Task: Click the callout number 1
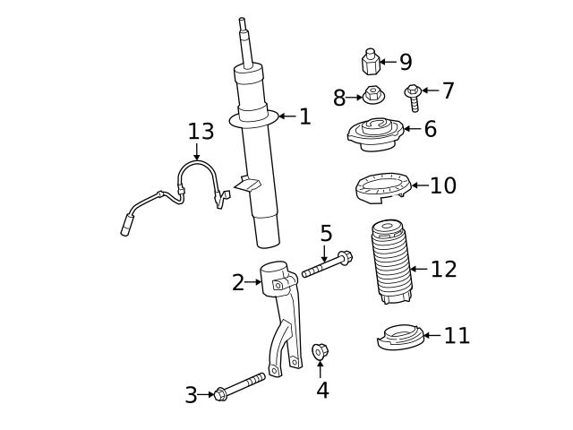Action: pos(305,116)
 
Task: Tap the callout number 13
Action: pos(201,132)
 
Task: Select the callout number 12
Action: pos(443,269)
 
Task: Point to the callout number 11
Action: pos(457,336)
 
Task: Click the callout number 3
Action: pos(191,395)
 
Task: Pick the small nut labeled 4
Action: pos(320,351)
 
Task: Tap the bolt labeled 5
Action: pos(328,266)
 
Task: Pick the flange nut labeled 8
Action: pos(373,94)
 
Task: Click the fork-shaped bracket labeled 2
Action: pos(282,309)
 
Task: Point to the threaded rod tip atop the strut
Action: pos(243,27)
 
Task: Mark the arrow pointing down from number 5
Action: pos(325,253)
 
